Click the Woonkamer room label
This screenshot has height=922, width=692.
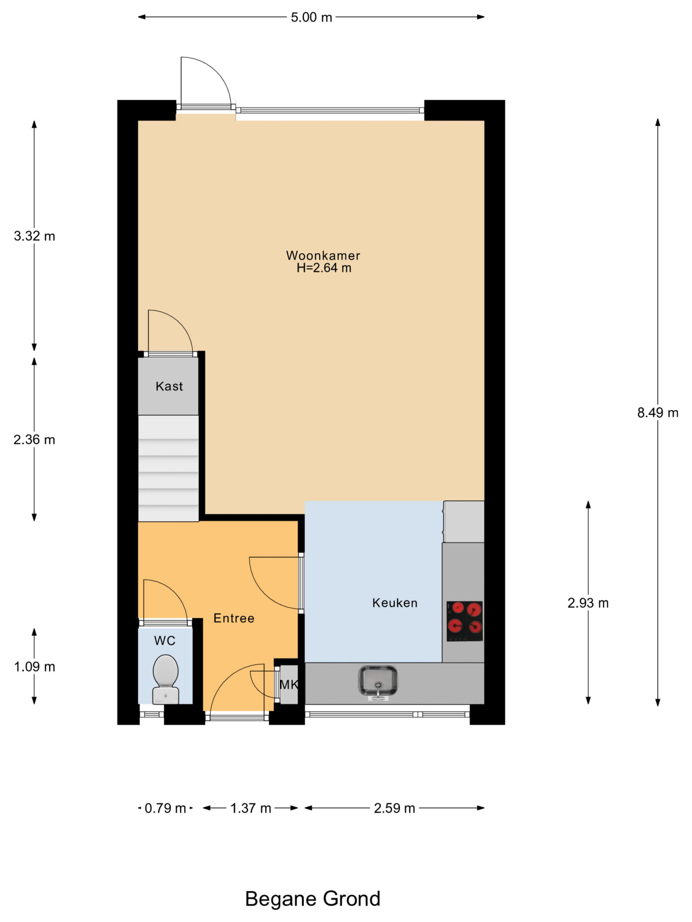click(323, 255)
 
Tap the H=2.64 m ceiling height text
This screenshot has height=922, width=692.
click(324, 268)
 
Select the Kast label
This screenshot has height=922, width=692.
click(169, 386)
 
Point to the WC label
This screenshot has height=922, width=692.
click(165, 641)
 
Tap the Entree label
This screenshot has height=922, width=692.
click(234, 618)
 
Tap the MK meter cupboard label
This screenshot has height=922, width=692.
click(289, 684)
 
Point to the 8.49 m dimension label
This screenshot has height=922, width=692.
click(657, 413)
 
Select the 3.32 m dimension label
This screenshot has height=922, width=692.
click(34, 236)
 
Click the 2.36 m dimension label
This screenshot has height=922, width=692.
click(34, 440)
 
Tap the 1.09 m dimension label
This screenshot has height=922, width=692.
click(34, 667)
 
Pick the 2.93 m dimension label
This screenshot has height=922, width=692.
click(588, 603)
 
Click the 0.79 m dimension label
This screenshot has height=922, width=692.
click(165, 809)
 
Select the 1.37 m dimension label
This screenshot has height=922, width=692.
click(251, 809)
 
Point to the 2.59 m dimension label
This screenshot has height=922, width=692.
click(394, 809)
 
